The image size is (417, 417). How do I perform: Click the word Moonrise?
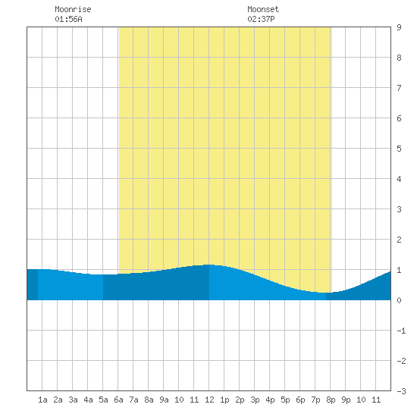click(x=73, y=9)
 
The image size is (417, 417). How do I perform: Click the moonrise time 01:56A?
click(x=68, y=19)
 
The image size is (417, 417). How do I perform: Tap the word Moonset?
click(x=263, y=9)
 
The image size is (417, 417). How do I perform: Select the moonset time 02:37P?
click(x=261, y=19)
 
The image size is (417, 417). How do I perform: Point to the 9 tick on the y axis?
click(x=399, y=27)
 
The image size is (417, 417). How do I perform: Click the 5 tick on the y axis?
click(x=399, y=149)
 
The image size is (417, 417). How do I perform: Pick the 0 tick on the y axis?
click(x=399, y=300)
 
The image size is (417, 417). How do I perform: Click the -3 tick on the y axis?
click(x=401, y=391)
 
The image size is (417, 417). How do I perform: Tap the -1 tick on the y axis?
click(x=401, y=331)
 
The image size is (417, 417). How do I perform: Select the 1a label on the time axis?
click(x=42, y=400)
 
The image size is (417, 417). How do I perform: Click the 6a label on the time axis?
click(x=118, y=400)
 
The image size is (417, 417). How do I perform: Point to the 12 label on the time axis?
click(x=209, y=400)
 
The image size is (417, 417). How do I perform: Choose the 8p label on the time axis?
click(x=331, y=400)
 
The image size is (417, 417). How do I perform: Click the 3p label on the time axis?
click(x=255, y=400)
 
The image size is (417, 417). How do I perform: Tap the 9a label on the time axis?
click(x=164, y=400)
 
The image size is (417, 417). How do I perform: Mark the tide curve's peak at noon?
click(x=209, y=265)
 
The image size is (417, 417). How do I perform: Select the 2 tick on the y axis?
click(x=399, y=240)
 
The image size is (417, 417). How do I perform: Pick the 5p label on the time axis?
click(x=285, y=400)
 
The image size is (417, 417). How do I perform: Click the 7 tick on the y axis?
click(x=399, y=88)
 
